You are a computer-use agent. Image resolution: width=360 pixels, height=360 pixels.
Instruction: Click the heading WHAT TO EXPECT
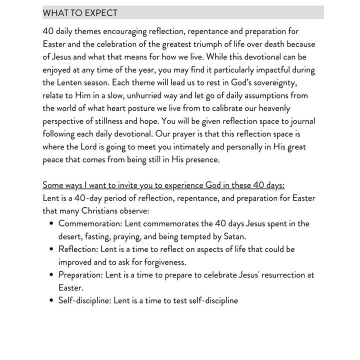(x=80, y=13)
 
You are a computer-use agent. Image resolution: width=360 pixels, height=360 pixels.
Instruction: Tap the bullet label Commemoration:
(x=90, y=223)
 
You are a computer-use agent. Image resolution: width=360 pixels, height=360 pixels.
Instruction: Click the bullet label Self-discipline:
(x=84, y=300)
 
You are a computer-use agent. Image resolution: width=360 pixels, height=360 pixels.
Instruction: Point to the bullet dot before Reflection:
(x=52, y=249)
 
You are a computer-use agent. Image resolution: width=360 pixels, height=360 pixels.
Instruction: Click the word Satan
(x=234, y=236)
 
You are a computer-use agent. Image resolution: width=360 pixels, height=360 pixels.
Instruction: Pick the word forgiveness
(x=161, y=262)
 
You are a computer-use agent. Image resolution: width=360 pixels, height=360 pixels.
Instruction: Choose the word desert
(x=71, y=236)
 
